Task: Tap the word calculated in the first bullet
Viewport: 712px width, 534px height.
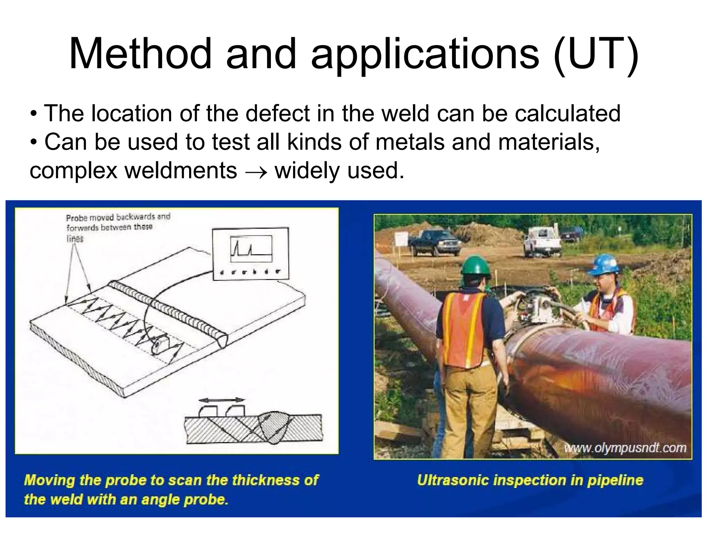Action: point(567,113)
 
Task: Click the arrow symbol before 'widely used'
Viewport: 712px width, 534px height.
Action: point(256,171)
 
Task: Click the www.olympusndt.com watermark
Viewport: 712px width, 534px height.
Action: point(625,447)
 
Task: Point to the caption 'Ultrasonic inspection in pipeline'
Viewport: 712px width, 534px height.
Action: point(530,480)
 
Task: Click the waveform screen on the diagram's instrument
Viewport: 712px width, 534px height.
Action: point(251,249)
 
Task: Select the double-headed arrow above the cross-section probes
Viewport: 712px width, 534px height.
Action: point(221,400)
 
